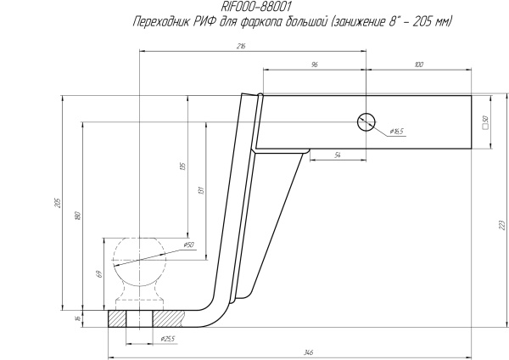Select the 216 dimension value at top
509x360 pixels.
[x=242, y=47]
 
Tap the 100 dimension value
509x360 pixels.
[x=419, y=65]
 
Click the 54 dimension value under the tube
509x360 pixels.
[x=338, y=155]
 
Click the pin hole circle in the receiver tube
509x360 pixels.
[x=366, y=121]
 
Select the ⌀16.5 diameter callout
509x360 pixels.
[x=397, y=132]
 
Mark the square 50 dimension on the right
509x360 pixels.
[x=485, y=121]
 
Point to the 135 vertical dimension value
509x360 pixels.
[x=182, y=166]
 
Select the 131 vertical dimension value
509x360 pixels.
[x=201, y=189]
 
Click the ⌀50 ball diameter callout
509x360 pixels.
[x=187, y=245]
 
